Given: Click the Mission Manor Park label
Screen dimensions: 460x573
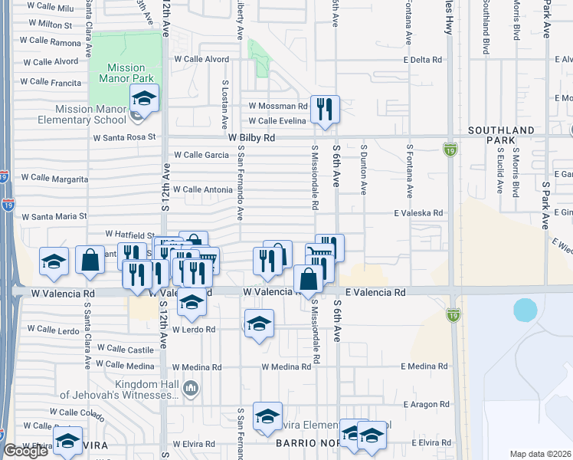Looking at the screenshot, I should (126, 73).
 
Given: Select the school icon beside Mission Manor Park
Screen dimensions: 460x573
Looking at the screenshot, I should (144, 97).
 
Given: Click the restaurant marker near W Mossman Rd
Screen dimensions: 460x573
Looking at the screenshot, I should (325, 110).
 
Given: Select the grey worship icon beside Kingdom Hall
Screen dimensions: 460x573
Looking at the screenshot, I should (192, 389).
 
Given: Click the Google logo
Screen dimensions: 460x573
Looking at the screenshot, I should (25, 451).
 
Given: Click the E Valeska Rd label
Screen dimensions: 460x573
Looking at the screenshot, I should (418, 213).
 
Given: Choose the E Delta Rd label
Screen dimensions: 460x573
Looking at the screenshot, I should (422, 59).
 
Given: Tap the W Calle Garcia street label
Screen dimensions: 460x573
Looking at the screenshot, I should (201, 155).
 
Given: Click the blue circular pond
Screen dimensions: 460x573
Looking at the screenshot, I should (526, 310).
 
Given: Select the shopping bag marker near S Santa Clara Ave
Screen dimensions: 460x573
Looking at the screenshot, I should (90, 260).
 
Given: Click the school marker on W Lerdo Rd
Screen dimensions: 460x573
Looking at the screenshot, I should (260, 322).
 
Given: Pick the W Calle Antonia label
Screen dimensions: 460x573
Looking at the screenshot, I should (202, 189).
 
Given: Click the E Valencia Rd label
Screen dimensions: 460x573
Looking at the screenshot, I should (375, 292).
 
